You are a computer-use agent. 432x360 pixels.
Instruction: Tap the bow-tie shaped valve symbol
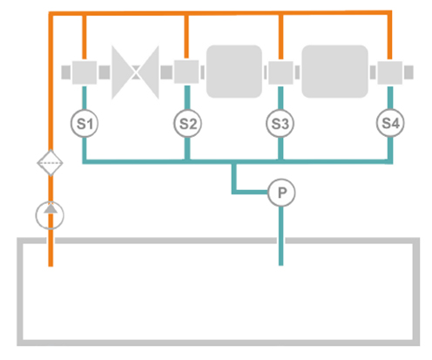(x=135, y=72)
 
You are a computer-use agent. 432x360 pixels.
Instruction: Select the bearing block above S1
(x=84, y=72)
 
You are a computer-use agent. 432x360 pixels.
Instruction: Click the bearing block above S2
(x=186, y=71)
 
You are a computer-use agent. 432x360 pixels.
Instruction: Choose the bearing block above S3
(x=280, y=72)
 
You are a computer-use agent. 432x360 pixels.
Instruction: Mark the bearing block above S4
(x=390, y=72)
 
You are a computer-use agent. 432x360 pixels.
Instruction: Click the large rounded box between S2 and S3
(x=234, y=71)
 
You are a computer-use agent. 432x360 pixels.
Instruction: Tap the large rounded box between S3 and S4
(x=335, y=71)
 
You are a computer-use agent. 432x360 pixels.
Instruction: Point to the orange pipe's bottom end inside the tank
(x=51, y=266)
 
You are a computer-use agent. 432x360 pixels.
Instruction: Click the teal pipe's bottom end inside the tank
(x=280, y=265)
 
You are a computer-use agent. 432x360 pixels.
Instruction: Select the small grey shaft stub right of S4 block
(x=408, y=72)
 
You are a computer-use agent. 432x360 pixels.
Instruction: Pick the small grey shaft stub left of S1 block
(x=66, y=72)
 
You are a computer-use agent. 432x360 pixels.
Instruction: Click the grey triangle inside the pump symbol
(x=51, y=208)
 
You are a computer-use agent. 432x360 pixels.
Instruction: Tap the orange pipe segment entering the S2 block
(x=186, y=37)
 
